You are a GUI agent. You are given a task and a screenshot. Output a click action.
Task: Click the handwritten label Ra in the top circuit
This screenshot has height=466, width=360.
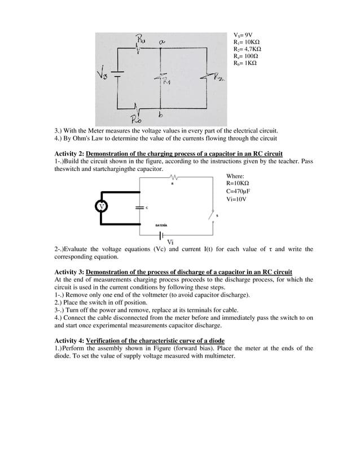click(140, 39)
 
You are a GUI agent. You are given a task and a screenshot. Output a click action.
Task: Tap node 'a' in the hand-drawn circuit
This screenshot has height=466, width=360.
click(162, 42)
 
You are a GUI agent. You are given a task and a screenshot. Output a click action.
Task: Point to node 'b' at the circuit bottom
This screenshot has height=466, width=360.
click(161, 116)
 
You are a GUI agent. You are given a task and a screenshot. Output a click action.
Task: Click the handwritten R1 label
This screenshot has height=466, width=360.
click(166, 82)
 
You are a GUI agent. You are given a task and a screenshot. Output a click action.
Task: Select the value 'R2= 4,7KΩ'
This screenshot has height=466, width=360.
click(247, 50)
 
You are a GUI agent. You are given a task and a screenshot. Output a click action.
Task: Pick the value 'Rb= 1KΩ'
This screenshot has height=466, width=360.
click(245, 64)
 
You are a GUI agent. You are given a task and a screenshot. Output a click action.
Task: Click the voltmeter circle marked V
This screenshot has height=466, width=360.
click(102, 206)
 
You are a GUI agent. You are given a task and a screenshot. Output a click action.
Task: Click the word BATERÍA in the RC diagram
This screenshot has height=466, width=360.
click(163, 225)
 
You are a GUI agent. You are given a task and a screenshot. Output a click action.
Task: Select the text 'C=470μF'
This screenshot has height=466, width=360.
click(238, 191)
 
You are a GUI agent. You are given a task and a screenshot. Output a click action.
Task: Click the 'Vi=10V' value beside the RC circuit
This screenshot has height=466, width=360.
click(236, 199)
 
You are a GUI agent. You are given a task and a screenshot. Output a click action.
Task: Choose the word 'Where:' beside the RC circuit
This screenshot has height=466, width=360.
click(235, 176)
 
